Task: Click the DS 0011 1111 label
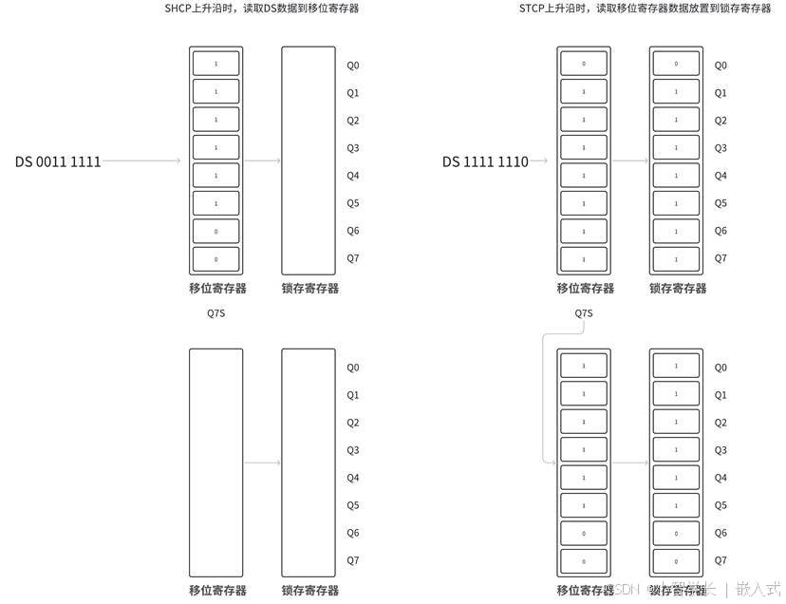[58, 161]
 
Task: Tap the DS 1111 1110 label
[485, 161]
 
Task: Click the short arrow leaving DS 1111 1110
[542, 161]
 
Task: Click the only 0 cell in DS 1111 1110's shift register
[584, 65]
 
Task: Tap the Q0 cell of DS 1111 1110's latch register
[676, 65]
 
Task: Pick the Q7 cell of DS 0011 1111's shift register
[216, 258]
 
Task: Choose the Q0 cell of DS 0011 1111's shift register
[216, 65]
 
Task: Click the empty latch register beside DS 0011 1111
[309, 160]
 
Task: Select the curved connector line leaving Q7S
[543, 399]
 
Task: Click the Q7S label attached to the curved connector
[584, 313]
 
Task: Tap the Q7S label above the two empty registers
[216, 313]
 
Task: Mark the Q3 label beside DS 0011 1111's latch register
[352, 148]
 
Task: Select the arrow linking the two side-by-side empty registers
[263, 462]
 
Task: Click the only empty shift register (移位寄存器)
[216, 462]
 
